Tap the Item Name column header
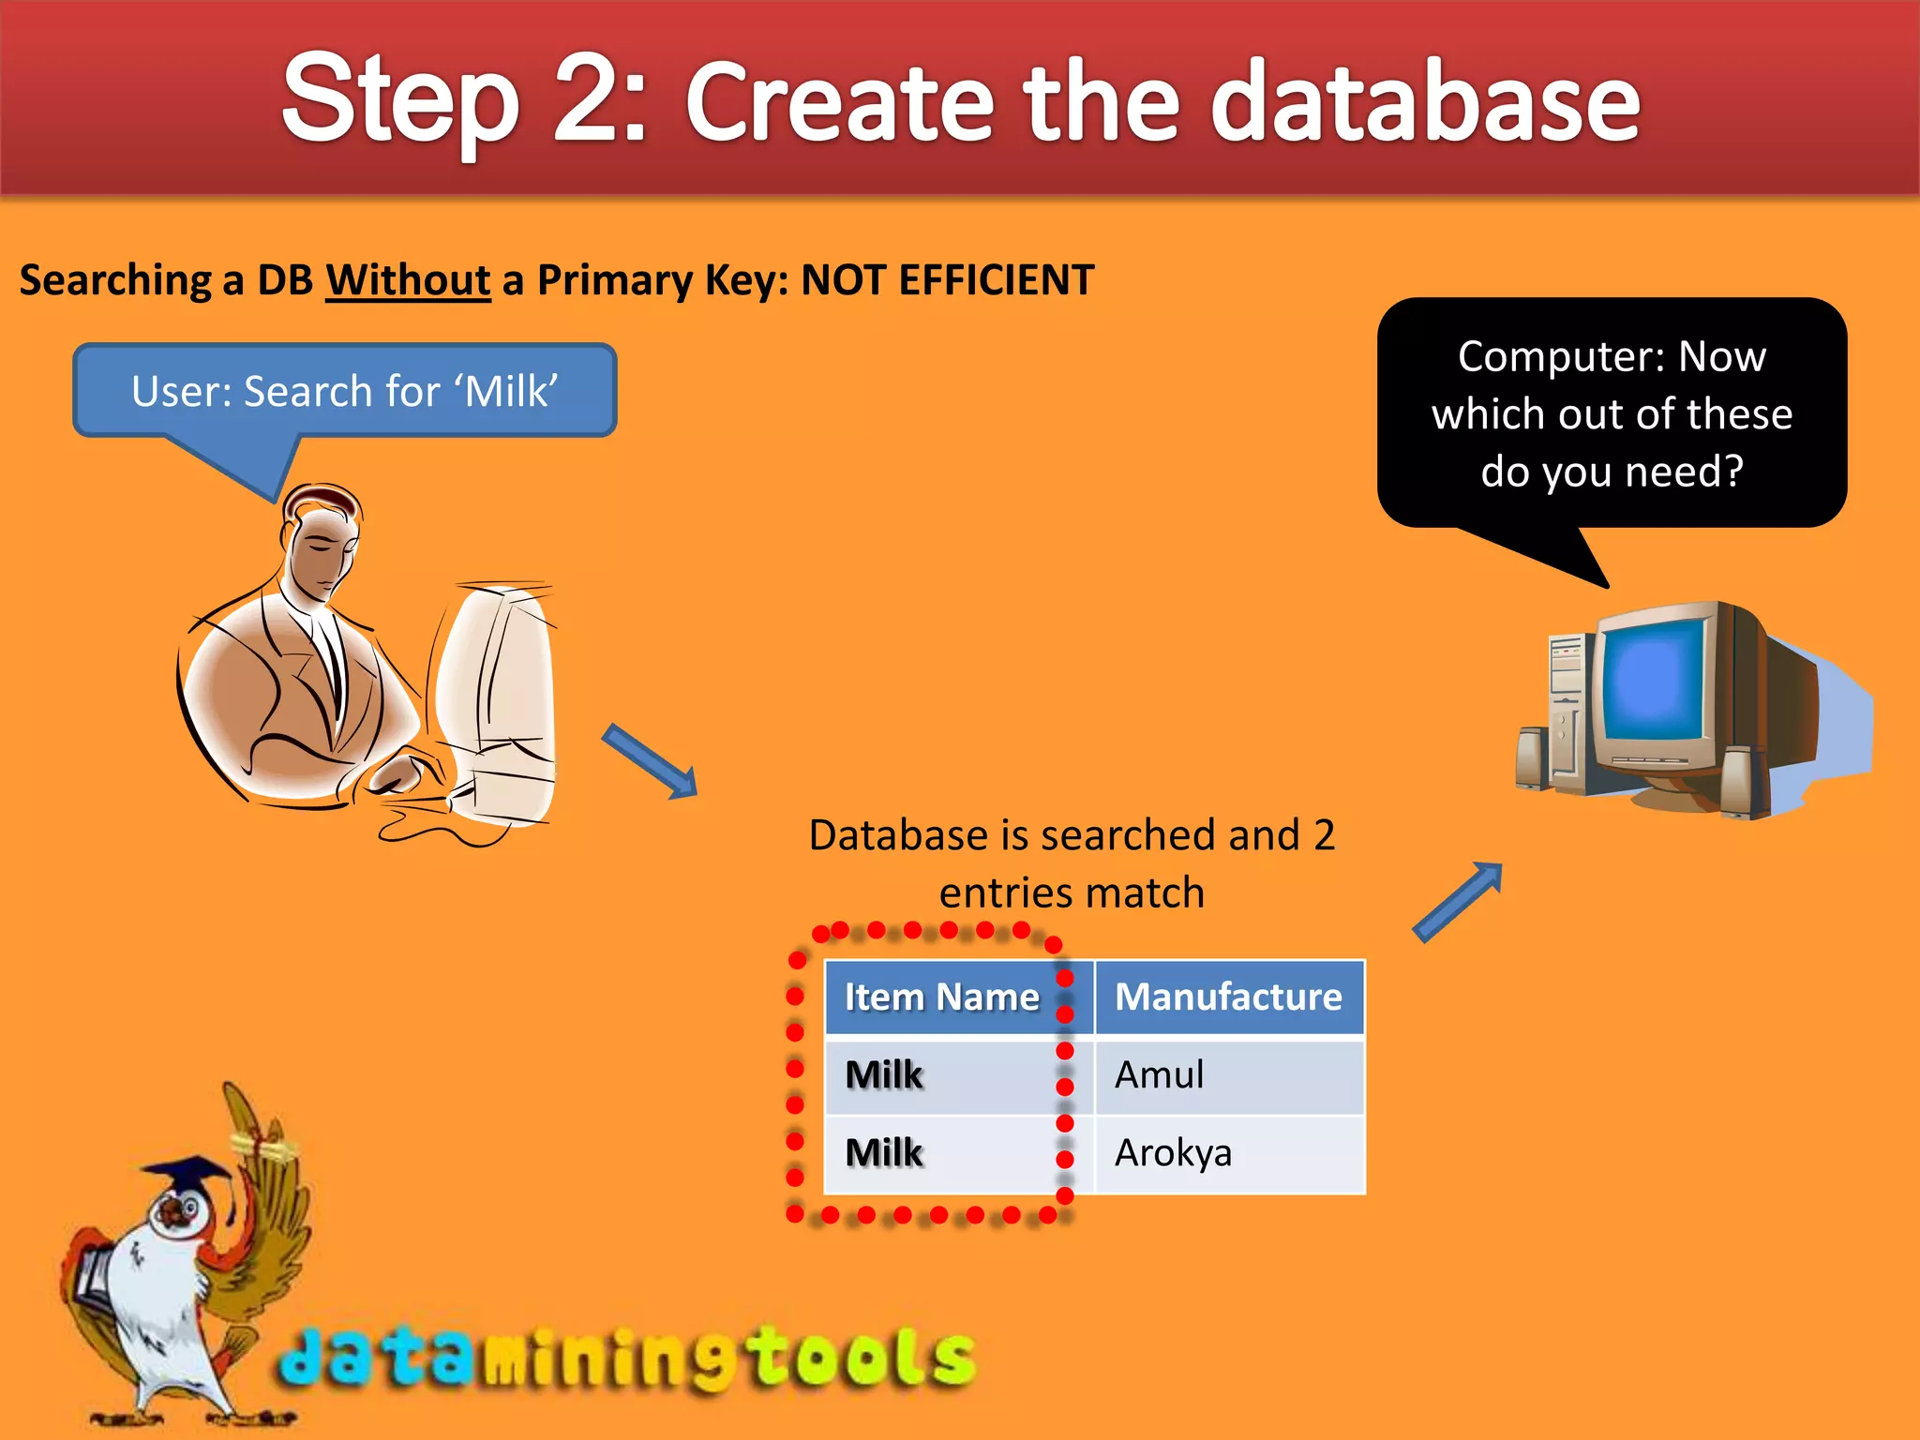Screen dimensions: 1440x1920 (942, 997)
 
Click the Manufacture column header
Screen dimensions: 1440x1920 (1228, 997)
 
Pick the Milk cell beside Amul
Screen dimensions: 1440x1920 (884, 1075)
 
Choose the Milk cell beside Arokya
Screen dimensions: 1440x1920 (884, 1153)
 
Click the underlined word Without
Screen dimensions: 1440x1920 (408, 280)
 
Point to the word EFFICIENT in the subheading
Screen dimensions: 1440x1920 (996, 280)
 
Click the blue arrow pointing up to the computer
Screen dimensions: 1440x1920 (1458, 901)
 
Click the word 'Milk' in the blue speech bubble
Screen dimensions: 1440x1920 (511, 391)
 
